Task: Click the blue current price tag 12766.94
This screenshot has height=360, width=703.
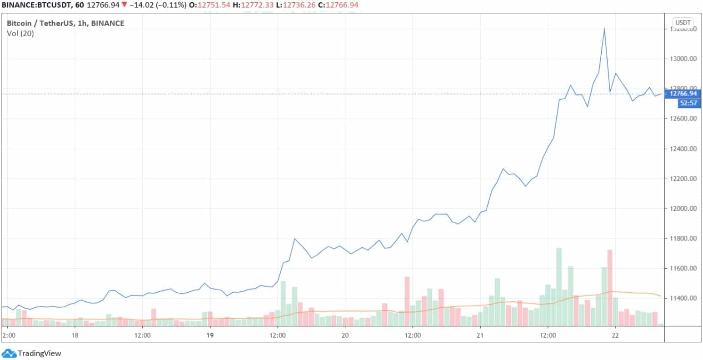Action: point(680,94)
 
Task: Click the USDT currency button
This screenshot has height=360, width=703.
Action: point(683,22)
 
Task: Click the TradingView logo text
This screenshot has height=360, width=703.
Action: point(39,353)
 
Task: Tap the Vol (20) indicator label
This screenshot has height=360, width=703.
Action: point(20,33)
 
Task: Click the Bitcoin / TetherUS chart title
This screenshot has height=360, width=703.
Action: point(65,23)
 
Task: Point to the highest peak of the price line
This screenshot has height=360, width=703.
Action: point(604,28)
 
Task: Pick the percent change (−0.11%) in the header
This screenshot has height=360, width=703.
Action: point(173,5)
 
